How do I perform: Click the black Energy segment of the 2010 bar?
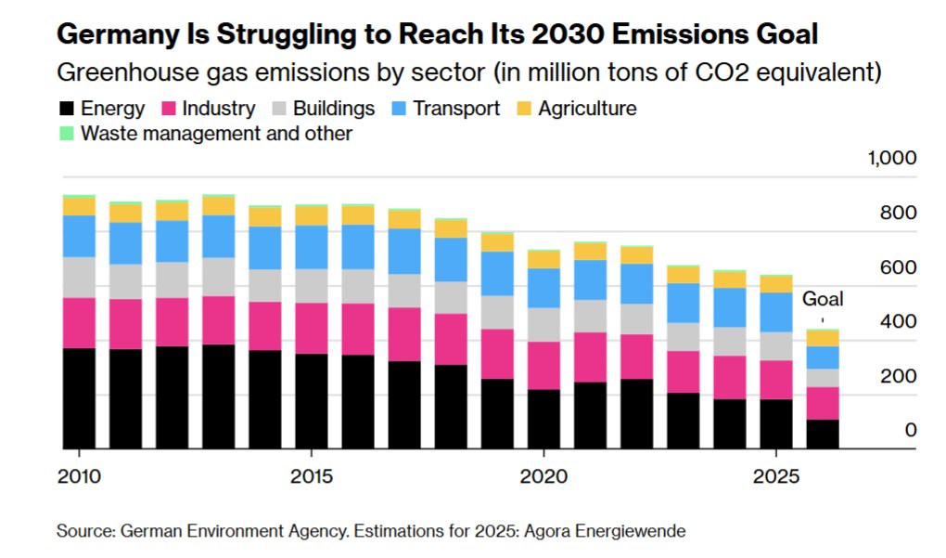(x=79, y=398)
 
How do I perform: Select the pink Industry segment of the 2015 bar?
(x=311, y=328)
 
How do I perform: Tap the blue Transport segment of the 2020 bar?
(x=543, y=287)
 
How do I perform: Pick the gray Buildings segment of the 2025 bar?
(x=775, y=345)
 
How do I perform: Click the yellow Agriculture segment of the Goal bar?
(x=822, y=338)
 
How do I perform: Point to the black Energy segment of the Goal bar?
(x=822, y=434)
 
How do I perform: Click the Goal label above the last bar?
(x=823, y=299)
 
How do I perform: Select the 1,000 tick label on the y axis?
(x=891, y=158)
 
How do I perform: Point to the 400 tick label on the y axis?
(x=898, y=321)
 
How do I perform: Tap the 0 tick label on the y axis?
(x=910, y=430)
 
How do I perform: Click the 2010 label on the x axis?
(x=79, y=476)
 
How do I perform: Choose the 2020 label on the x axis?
(x=543, y=476)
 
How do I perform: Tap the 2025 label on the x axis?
(x=775, y=476)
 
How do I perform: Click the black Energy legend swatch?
(x=66, y=109)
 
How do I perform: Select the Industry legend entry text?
(x=219, y=109)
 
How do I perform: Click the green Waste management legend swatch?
(x=66, y=134)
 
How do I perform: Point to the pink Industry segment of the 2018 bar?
(x=450, y=339)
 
